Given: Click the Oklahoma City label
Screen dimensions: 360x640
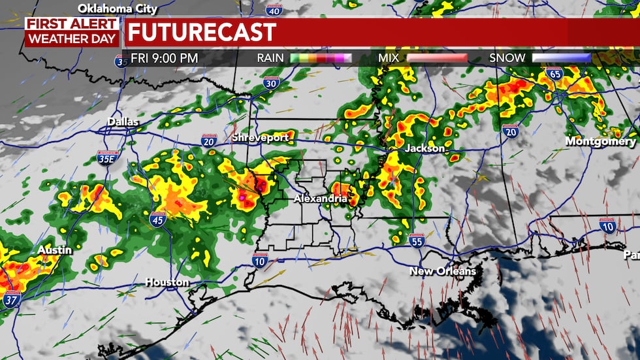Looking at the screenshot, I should (118, 8).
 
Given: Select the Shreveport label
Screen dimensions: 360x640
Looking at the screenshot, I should (259, 137).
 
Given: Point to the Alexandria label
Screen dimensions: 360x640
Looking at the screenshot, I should (320, 198).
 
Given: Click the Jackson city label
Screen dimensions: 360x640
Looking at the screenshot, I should (424, 148).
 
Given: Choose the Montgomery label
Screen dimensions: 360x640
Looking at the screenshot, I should (600, 141).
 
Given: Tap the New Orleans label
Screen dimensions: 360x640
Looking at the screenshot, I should (442, 270).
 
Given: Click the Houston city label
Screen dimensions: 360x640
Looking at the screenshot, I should (167, 282).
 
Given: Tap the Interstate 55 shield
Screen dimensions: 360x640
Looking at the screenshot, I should (417, 240).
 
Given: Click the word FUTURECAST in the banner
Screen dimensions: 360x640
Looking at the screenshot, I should (201, 31).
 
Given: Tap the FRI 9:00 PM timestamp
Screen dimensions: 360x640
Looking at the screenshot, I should (164, 58).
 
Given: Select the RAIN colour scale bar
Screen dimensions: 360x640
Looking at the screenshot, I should (320, 58).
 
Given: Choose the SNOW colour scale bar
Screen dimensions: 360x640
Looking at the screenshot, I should (561, 58).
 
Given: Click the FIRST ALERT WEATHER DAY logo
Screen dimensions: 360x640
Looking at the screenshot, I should (72, 31).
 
